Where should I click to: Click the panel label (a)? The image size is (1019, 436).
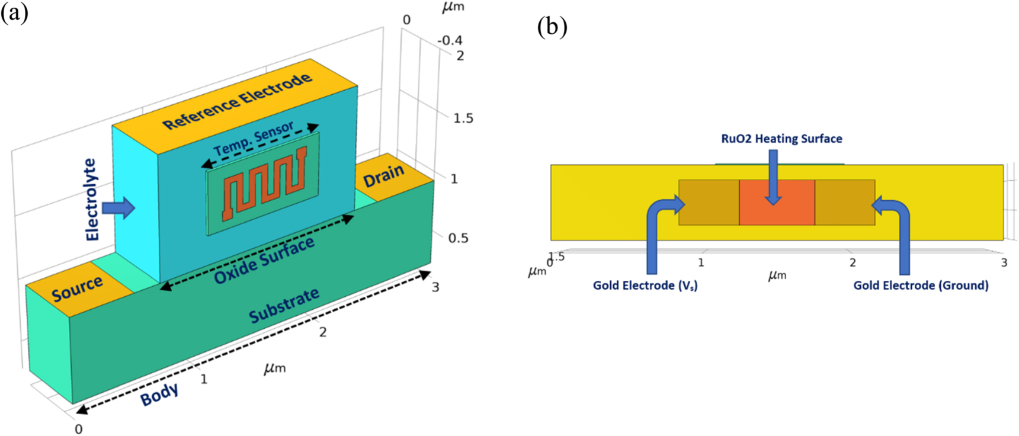point(14,12)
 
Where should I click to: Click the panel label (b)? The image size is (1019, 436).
point(552,27)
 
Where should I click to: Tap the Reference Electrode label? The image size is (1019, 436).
point(237,101)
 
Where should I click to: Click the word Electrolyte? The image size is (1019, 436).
point(91,200)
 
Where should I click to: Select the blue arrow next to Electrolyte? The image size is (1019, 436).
point(118,208)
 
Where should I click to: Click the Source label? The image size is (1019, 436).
point(77,288)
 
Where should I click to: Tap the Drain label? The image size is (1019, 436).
point(383,175)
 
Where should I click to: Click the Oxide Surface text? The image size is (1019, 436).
point(264,261)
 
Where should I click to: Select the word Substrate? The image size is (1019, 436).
point(284,306)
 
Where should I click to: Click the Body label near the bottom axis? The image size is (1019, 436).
point(159,395)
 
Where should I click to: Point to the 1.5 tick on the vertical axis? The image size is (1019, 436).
point(463,118)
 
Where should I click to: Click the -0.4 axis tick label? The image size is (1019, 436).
point(450,40)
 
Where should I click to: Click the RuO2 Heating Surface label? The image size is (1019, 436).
point(781,139)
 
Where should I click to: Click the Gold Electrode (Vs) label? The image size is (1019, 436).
point(645,286)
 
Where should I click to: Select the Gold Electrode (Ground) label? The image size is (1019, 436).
point(920,286)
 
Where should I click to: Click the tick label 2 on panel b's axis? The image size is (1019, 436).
point(852,262)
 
